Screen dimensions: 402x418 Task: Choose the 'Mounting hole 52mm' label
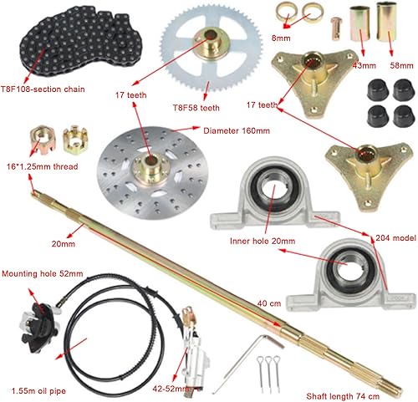(x=43, y=273)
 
